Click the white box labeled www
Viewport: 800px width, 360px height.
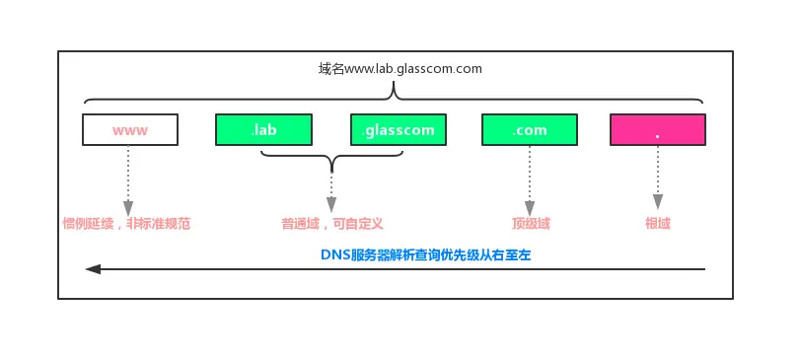point(129,130)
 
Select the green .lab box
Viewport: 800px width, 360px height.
point(263,130)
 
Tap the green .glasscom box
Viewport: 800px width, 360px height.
point(398,130)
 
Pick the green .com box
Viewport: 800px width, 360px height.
point(529,130)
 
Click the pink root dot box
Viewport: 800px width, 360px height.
point(658,130)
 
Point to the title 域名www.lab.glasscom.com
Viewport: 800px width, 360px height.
point(400,69)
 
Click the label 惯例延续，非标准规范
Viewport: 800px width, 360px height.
point(125,224)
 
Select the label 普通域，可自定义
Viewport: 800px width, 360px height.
point(331,224)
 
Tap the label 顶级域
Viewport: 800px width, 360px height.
point(530,224)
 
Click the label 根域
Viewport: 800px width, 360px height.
point(657,224)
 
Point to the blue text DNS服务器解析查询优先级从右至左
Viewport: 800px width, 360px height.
point(426,254)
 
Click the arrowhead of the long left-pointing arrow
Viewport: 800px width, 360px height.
point(92,268)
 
